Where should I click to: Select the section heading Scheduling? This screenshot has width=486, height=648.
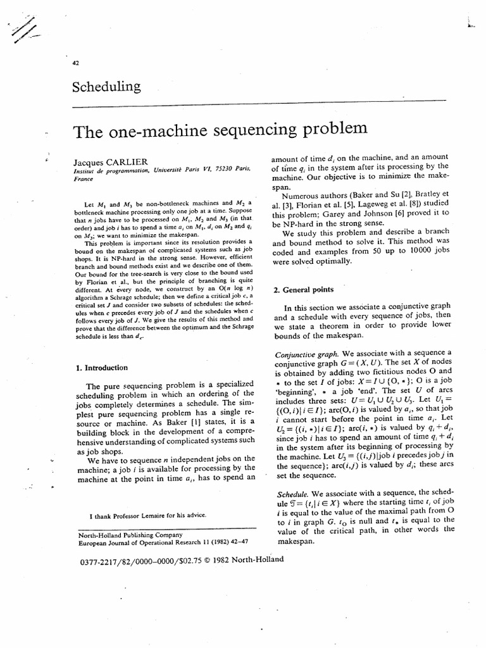[107, 87]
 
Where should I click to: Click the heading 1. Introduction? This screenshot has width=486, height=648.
[101, 367]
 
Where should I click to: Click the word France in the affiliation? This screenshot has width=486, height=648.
[84, 179]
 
